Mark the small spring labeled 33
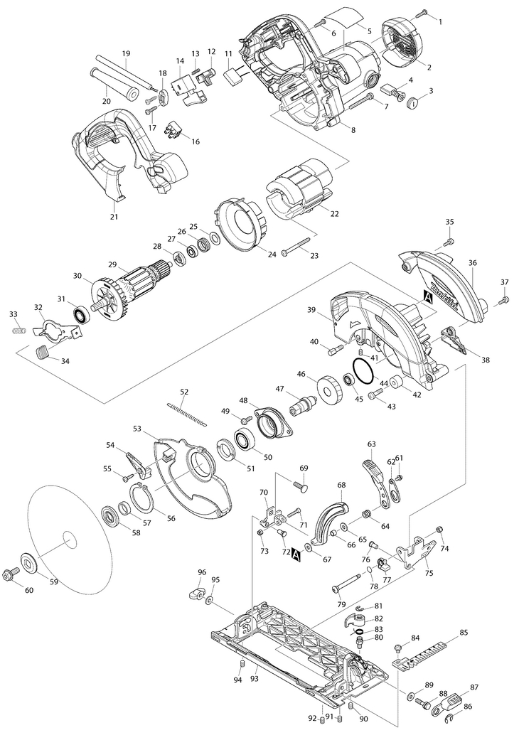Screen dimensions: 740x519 click(19, 330)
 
